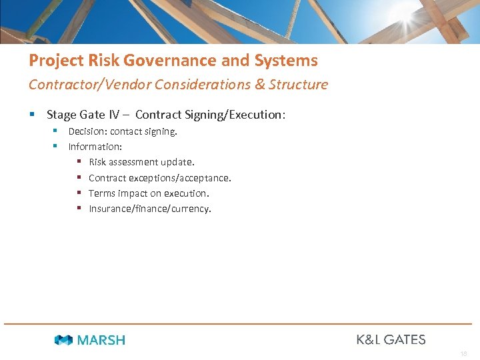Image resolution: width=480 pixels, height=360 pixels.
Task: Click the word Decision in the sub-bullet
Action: point(87,131)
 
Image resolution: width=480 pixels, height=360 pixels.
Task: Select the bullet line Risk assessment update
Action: point(141,162)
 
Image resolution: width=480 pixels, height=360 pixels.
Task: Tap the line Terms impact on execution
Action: point(149,193)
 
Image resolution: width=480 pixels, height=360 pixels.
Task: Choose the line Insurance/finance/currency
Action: point(149,209)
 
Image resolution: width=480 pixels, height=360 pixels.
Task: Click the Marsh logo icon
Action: point(63,340)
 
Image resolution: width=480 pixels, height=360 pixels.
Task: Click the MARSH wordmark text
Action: point(101,340)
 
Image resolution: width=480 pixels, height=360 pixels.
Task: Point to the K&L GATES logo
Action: point(391,339)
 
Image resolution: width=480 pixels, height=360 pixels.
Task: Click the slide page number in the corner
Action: point(463,354)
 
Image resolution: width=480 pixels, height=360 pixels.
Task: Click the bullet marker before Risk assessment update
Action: point(79,162)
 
